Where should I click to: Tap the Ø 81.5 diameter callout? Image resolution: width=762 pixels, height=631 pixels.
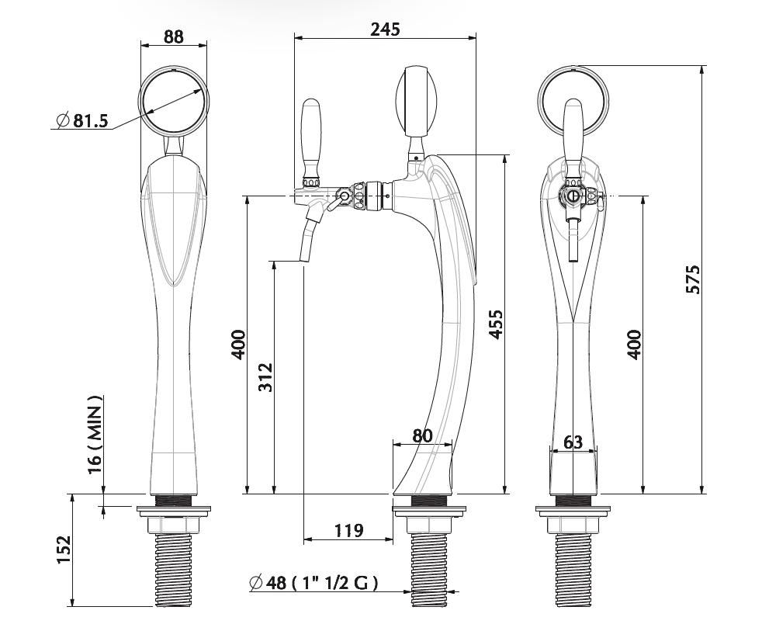82,120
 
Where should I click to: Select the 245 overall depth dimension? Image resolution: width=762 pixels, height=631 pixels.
385,29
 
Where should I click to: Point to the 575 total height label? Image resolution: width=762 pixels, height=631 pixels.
692,279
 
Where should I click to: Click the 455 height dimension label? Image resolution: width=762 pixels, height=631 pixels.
496,324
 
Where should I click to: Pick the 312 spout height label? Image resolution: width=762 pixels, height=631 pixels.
265,377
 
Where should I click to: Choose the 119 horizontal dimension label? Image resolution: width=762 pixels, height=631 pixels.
348,530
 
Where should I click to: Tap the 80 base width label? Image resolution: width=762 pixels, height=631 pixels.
422,435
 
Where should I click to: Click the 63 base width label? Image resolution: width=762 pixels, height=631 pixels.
573,442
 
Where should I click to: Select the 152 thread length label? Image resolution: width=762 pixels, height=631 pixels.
64,550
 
